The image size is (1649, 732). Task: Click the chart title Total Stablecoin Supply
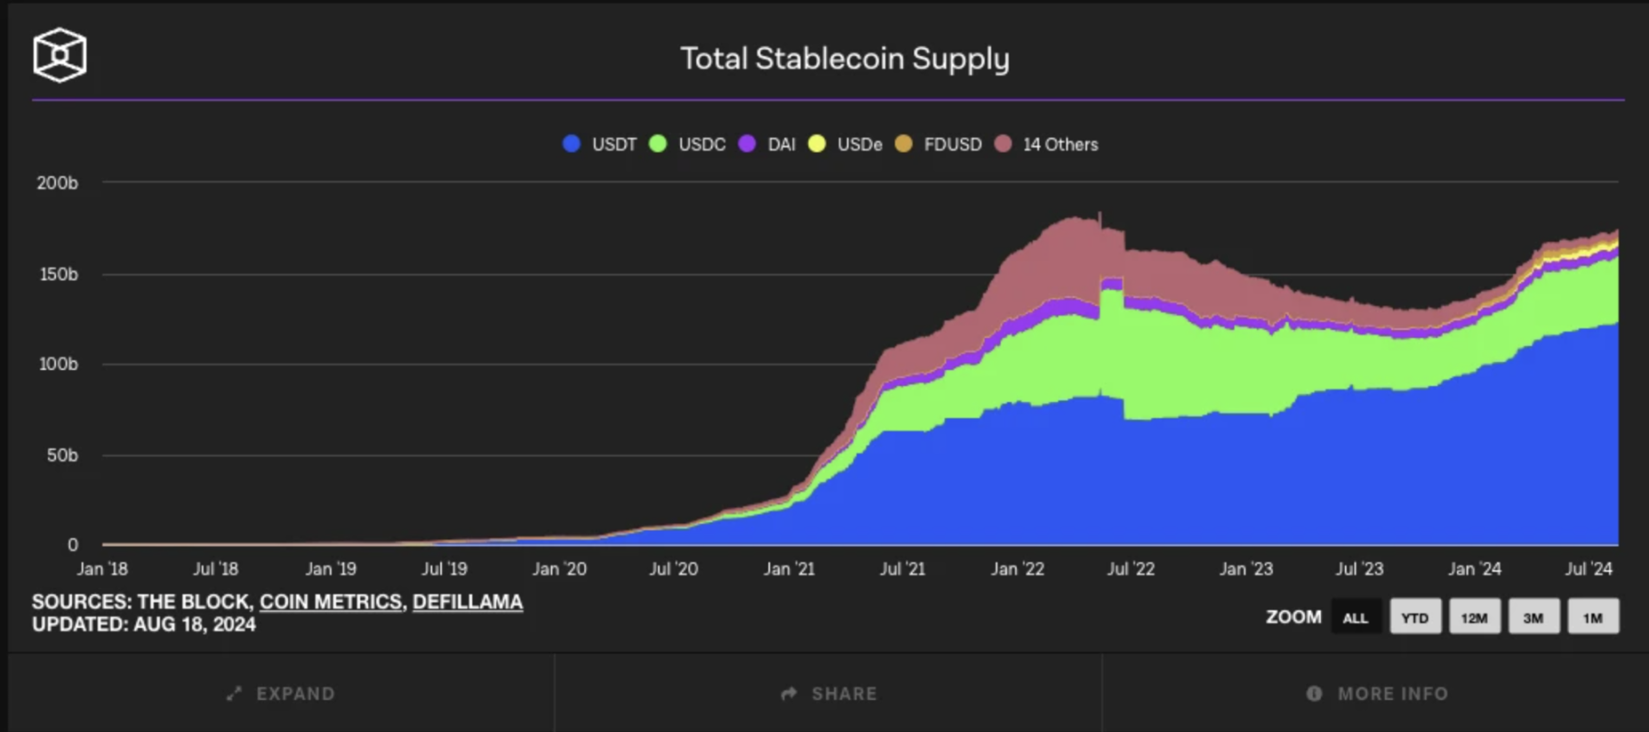pos(845,59)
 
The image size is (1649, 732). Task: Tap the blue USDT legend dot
pos(572,144)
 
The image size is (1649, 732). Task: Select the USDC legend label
pos(702,144)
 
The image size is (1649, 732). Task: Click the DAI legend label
pos(781,144)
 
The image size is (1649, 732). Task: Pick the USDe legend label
pos(859,144)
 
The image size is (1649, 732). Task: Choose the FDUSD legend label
pos(953,144)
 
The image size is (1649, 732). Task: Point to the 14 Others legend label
pos(1060,144)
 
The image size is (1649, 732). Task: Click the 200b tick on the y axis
pos(58,183)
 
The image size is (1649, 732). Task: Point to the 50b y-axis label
pos(61,455)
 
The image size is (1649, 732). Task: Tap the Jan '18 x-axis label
pos(102,568)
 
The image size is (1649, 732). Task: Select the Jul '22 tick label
pos(1130,568)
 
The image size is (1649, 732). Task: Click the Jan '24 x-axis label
pos(1474,568)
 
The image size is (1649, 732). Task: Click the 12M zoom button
pos(1474,617)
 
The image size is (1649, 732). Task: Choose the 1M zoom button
pos(1592,617)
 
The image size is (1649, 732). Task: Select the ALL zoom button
pos(1355,617)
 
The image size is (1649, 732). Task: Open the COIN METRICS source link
pos(330,602)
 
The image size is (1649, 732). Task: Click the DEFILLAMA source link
pos(468,602)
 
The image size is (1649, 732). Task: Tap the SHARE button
pos(829,694)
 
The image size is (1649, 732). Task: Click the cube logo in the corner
pos(60,55)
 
